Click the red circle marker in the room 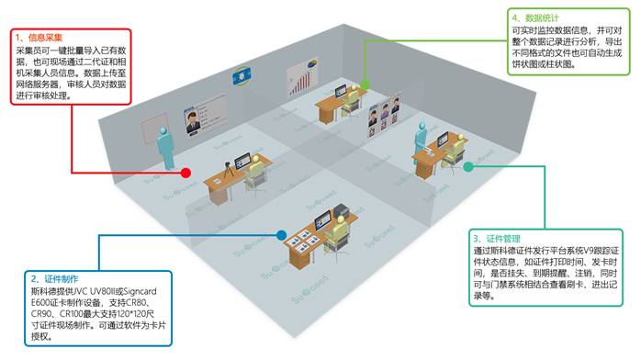186,172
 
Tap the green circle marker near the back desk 365,84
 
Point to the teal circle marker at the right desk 467,166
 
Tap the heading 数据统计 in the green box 542,17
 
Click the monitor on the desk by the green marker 342,95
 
